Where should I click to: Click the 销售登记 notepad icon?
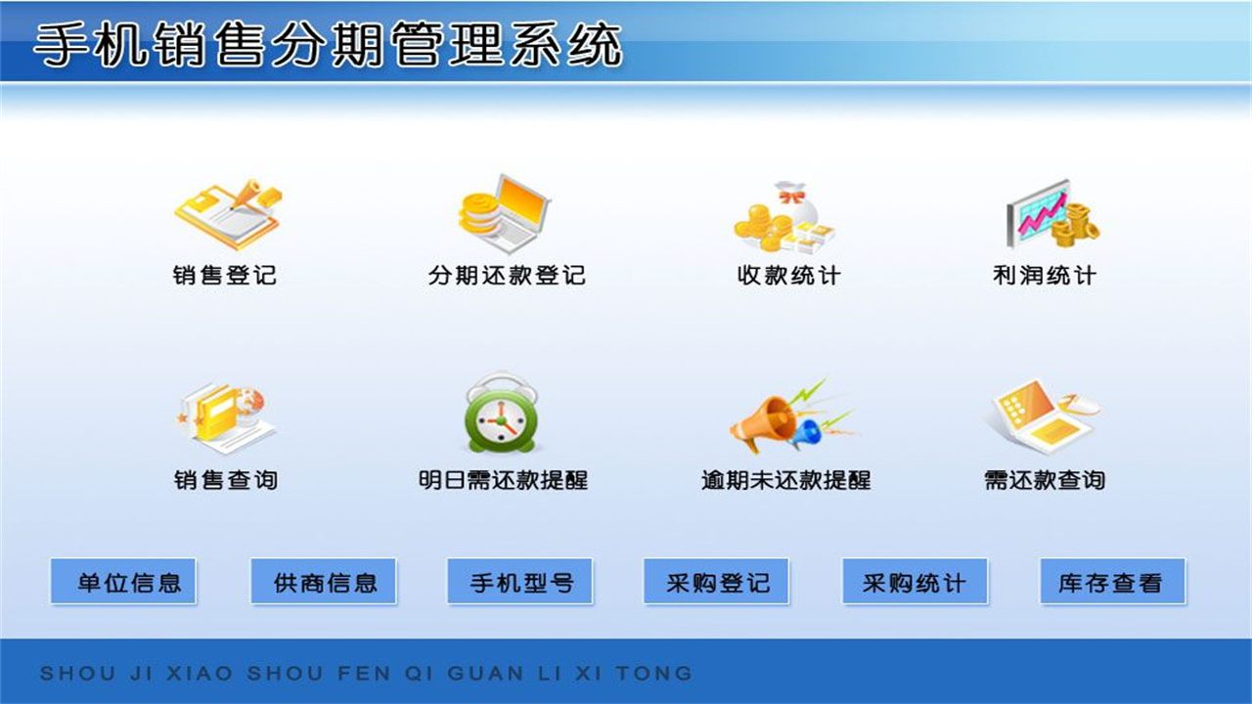click(227, 213)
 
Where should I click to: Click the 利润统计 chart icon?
click(1051, 213)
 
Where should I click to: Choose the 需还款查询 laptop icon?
click(1041, 415)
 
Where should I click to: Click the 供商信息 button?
click(324, 583)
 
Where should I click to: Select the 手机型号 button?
click(520, 583)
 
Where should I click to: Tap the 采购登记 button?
click(717, 583)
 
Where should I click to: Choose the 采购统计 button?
click(915, 583)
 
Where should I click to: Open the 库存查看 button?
click(1112, 583)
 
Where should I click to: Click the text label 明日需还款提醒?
click(503, 480)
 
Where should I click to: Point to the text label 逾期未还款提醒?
click(785, 480)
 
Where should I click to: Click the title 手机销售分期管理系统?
click(328, 45)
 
